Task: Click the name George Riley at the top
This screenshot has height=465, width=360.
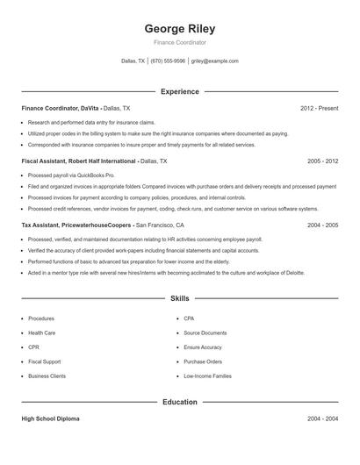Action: (x=179, y=28)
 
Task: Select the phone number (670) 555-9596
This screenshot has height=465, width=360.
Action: (x=168, y=61)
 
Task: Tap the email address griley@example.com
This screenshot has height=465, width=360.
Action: (x=215, y=61)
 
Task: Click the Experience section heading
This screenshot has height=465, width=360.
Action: (x=179, y=91)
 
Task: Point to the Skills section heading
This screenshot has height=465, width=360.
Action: (x=179, y=299)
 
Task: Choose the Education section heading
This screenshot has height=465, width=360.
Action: (x=179, y=403)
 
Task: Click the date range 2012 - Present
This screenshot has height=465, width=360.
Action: (x=319, y=108)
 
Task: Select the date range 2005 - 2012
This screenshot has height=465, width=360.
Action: (x=322, y=161)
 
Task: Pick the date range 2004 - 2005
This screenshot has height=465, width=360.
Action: (x=322, y=225)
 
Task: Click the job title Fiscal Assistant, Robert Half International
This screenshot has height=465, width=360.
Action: (x=79, y=161)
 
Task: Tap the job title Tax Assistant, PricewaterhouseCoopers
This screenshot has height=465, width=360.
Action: (x=77, y=225)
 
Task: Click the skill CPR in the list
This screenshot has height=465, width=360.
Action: (x=34, y=347)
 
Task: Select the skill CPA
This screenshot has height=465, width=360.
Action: (x=189, y=318)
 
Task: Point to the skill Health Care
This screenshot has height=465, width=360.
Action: (x=41, y=333)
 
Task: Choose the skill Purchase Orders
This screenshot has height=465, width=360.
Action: (x=203, y=361)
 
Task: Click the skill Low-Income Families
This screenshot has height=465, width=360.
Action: (x=207, y=376)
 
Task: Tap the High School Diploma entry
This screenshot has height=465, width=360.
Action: (x=50, y=419)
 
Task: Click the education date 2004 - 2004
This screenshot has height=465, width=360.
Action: (x=322, y=419)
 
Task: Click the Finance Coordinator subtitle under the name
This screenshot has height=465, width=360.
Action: (x=179, y=42)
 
